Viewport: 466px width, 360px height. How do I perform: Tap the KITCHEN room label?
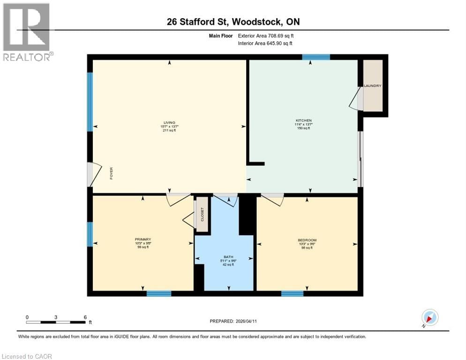tap(303, 120)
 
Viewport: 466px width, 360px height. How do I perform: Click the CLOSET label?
tap(202, 214)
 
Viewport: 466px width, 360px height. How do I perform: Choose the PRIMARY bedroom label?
tap(143, 239)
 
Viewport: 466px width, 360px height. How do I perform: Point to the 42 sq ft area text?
tap(228, 264)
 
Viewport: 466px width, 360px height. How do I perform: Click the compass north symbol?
tap(430, 318)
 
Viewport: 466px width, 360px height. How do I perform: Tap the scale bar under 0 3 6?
tap(56, 322)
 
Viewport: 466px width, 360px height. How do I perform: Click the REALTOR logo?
tap(26, 32)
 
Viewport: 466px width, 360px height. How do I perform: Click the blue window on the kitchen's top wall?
tap(316, 57)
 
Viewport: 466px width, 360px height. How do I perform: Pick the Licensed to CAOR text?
tap(27, 356)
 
